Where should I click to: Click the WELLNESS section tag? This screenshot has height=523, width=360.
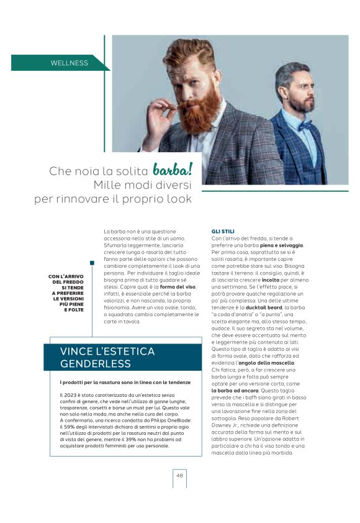[x=70, y=63]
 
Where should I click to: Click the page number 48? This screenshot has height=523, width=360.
[x=179, y=475]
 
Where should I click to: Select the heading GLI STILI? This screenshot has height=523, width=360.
[x=223, y=232]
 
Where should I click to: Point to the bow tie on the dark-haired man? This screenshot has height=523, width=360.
[x=304, y=123]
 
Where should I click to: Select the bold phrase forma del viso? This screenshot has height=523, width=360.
[x=178, y=286]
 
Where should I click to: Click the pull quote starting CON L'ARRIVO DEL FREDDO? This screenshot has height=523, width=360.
[x=66, y=293]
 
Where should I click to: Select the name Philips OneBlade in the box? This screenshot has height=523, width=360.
[x=170, y=421]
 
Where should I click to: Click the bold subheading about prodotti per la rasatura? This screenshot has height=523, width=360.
[x=125, y=381]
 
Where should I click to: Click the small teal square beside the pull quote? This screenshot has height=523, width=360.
[x=92, y=263]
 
